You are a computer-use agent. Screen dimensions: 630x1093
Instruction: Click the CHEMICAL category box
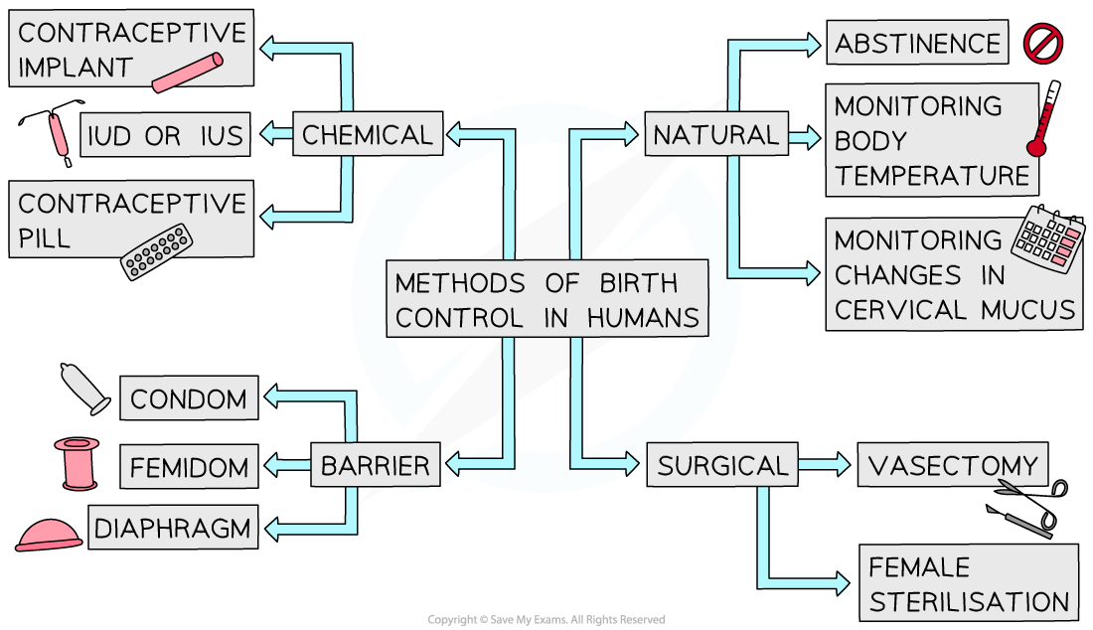(368, 135)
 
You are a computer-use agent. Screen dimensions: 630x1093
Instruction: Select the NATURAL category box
(715, 135)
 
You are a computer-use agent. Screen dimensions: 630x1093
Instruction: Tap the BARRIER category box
(375, 465)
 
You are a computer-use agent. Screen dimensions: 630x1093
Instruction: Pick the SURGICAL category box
(721, 465)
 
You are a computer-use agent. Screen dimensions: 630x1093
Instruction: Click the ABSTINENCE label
(917, 44)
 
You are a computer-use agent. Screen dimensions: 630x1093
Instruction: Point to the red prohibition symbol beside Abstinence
(1043, 44)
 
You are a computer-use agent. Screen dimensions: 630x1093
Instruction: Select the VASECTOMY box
(952, 465)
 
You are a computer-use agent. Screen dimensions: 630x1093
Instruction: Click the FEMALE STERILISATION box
(968, 584)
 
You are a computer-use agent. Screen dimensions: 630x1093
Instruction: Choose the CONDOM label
(189, 399)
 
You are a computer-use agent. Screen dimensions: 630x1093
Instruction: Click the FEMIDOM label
(189, 465)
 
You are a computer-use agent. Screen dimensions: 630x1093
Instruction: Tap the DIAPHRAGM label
(174, 528)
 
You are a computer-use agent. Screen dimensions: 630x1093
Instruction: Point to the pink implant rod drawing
(188, 71)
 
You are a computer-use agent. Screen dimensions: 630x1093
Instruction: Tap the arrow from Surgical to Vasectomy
(824, 464)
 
